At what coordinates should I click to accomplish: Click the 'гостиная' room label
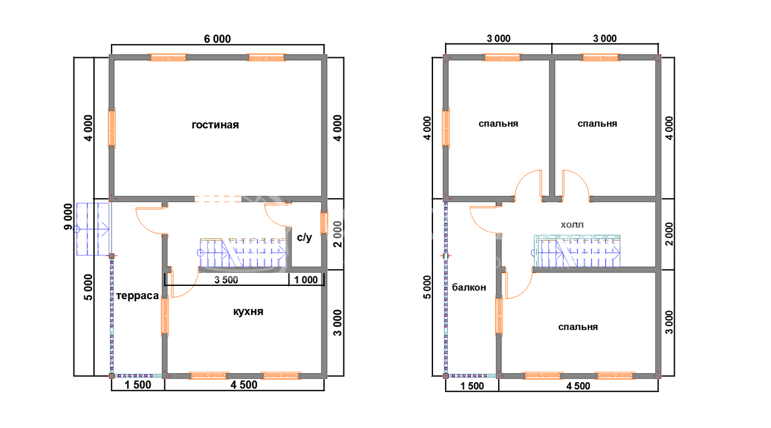click(215, 125)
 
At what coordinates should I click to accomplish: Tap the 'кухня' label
click(248, 312)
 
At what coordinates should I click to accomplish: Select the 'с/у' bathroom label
click(305, 237)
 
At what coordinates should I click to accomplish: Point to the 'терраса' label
click(137, 296)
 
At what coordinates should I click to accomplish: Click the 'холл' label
click(572, 225)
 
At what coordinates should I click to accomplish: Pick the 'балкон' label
click(469, 287)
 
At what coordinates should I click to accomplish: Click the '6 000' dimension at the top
click(217, 39)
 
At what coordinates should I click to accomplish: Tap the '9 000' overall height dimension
click(68, 217)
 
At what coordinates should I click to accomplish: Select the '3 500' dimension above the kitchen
click(226, 280)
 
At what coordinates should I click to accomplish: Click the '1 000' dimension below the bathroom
click(306, 280)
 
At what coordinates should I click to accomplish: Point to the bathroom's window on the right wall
click(323, 222)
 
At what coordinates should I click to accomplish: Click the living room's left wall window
click(112, 128)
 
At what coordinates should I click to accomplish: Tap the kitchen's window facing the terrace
click(165, 316)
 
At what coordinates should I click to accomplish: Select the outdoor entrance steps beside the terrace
click(93, 229)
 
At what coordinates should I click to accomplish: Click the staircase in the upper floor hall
click(577, 251)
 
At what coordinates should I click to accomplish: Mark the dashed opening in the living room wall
click(218, 199)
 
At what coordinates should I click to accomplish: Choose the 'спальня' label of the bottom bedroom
click(578, 327)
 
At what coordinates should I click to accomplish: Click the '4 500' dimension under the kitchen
click(244, 385)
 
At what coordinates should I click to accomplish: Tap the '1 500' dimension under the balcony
click(472, 386)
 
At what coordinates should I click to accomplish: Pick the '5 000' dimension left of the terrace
click(89, 287)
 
